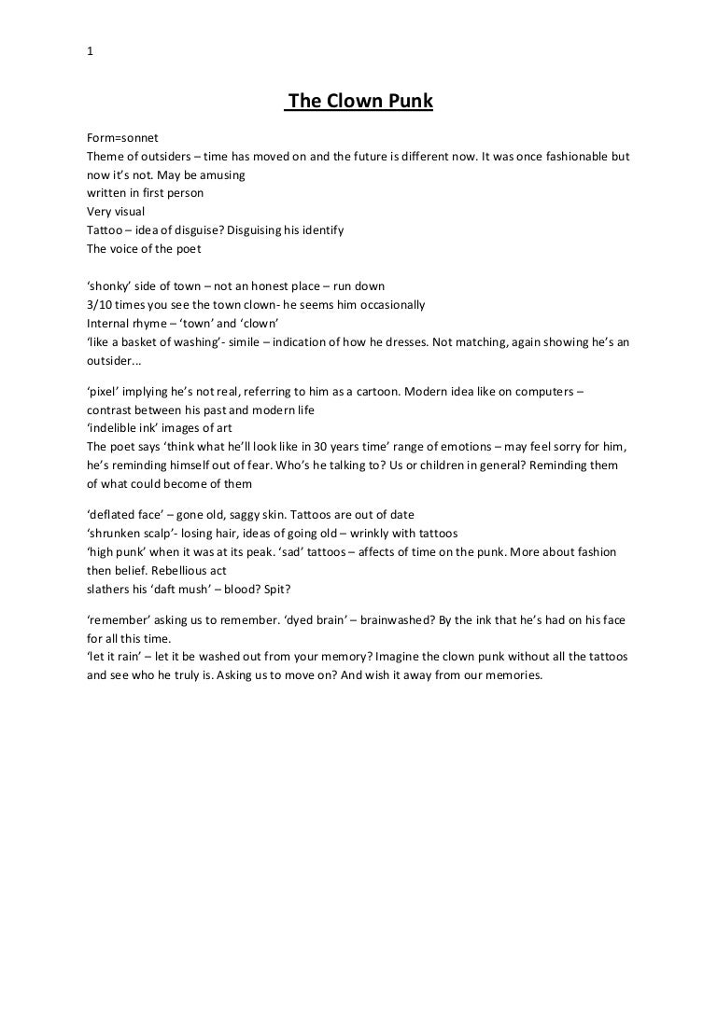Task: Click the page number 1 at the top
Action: tap(89, 52)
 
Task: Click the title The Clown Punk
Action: tap(359, 102)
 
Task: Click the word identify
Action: tap(318, 229)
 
